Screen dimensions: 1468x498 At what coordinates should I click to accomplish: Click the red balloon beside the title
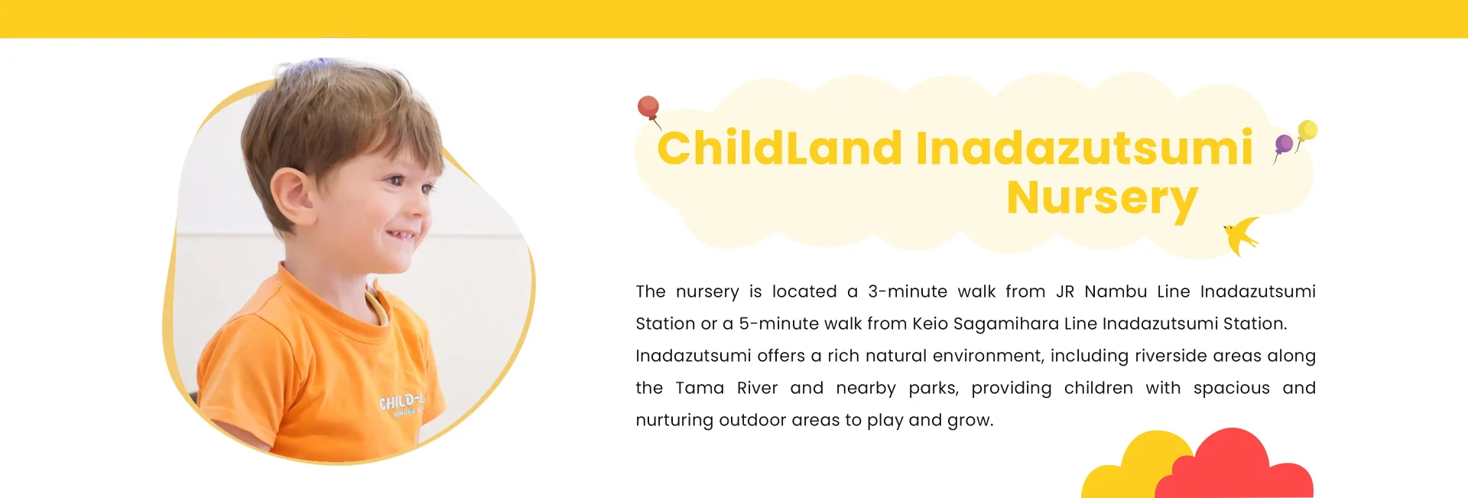(648, 107)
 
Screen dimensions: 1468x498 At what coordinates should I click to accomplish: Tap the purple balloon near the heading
(1284, 145)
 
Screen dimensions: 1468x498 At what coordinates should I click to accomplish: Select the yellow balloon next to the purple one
(1307, 130)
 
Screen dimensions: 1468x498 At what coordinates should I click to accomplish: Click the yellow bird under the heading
(1242, 236)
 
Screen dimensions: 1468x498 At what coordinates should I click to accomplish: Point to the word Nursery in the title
(1102, 198)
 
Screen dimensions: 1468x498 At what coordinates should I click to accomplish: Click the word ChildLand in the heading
(780, 148)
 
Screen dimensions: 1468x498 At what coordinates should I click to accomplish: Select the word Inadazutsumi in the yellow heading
(1084, 148)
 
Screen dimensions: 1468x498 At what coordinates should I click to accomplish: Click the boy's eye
(395, 181)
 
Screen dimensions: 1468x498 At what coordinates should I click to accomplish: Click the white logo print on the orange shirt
(402, 402)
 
